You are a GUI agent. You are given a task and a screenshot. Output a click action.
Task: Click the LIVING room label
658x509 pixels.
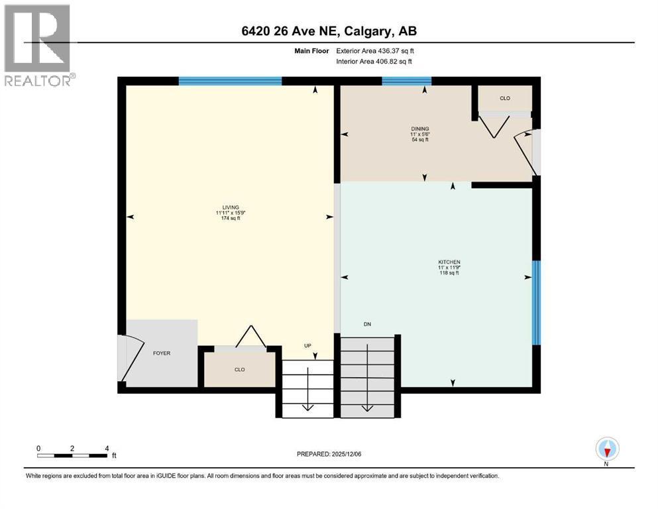[x=231, y=207]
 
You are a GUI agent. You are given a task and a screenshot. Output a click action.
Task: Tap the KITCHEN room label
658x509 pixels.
[x=449, y=262]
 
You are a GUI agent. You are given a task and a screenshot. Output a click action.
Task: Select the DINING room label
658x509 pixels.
[x=420, y=129]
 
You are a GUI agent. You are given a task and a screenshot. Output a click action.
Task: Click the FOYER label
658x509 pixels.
[x=162, y=353]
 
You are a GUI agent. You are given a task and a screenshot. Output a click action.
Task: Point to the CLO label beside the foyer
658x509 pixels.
[x=240, y=370]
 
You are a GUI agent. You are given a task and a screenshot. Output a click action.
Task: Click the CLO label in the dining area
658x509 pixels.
[x=505, y=98]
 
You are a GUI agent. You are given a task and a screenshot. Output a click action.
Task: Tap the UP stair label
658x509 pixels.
[x=307, y=346]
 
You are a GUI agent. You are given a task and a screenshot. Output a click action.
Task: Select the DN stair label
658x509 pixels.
[x=367, y=324]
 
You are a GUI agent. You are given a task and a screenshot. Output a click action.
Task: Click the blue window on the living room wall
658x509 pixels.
[x=231, y=81]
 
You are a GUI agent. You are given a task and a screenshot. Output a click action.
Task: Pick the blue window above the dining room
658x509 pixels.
[x=407, y=81]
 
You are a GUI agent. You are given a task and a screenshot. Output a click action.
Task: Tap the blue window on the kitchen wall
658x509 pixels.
[x=536, y=302]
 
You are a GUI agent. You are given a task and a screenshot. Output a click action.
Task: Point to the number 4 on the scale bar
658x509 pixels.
[x=107, y=448]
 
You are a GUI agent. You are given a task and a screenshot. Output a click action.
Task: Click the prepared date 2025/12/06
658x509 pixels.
[x=347, y=454]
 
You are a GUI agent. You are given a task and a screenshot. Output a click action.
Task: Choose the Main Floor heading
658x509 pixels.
[x=311, y=51]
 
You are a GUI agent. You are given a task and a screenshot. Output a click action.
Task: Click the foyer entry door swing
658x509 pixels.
[x=131, y=358]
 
